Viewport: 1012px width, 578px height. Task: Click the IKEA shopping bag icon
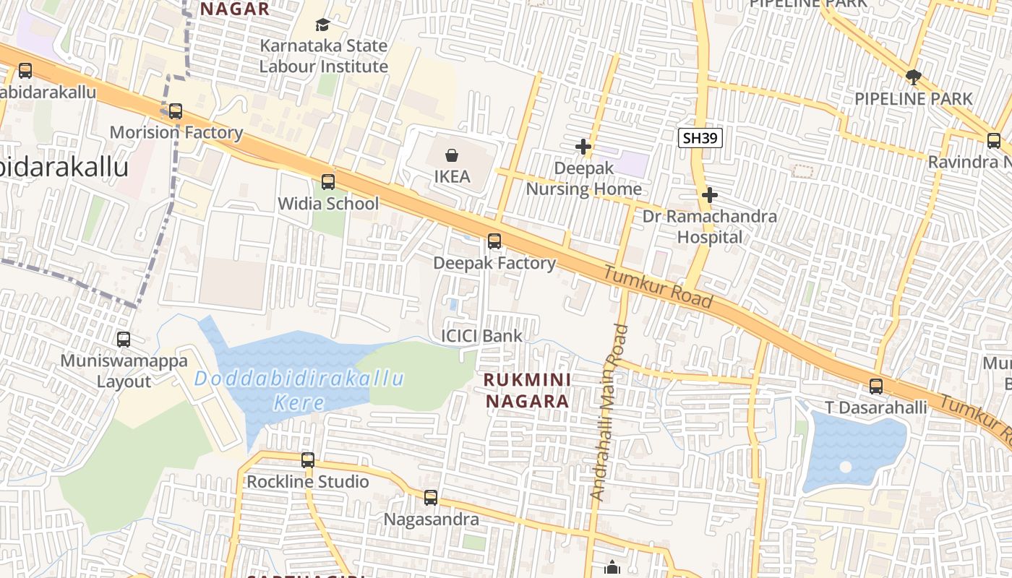(452, 155)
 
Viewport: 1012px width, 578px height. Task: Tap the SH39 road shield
(700, 137)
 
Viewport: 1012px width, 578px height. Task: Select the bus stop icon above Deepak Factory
(494, 241)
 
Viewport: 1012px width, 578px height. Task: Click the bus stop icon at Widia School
(328, 182)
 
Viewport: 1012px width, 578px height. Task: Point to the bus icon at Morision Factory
(175, 111)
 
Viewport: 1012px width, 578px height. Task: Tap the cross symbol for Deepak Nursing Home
(583, 147)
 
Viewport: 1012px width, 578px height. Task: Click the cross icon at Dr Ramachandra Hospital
(710, 194)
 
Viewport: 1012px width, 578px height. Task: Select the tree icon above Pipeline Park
(913, 77)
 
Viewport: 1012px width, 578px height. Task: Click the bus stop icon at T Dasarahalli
(876, 387)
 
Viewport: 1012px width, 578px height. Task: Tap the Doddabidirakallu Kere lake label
(299, 390)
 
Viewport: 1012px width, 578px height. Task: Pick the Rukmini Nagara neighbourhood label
(527, 390)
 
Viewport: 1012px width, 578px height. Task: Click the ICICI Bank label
(481, 336)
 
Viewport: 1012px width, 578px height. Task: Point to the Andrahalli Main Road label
(609, 412)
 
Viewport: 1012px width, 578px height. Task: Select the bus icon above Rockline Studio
(308, 460)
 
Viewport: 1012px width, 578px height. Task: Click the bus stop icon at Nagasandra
(431, 498)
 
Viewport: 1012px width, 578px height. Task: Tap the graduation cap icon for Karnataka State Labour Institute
(322, 25)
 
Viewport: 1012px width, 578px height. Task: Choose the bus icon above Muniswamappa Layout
(124, 340)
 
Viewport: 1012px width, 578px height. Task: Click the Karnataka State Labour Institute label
(324, 56)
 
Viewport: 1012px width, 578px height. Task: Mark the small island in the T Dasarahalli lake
(845, 467)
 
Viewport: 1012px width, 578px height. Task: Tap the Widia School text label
(328, 204)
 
